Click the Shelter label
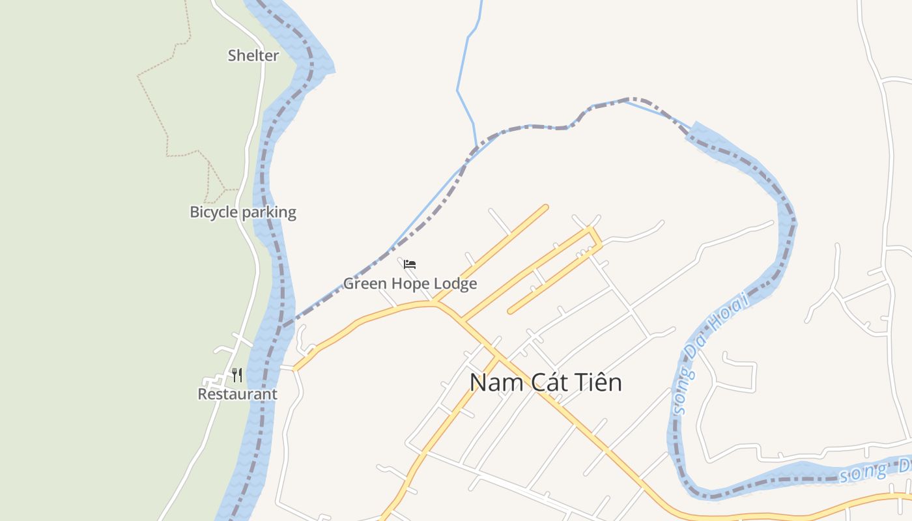[x=253, y=56]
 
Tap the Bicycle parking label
[x=243, y=212]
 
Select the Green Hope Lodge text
[x=410, y=284]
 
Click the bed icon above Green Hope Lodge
[x=410, y=264]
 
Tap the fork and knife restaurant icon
[x=237, y=375]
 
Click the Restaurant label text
[x=237, y=395]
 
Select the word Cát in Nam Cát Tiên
[x=546, y=382]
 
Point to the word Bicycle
[x=214, y=212]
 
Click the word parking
[x=269, y=212]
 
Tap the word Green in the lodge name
[x=363, y=284]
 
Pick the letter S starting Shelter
[x=232, y=56]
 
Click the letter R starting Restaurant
[x=202, y=395]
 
